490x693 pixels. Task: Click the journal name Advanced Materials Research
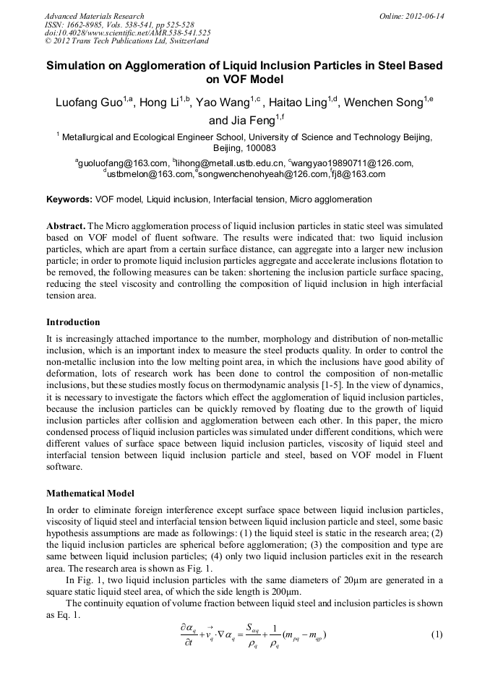click(x=94, y=16)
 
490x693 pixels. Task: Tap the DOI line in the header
click(x=127, y=33)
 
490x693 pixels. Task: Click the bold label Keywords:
click(x=69, y=199)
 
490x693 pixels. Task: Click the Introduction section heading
click(x=73, y=322)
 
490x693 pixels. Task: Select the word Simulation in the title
click(x=81, y=65)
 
